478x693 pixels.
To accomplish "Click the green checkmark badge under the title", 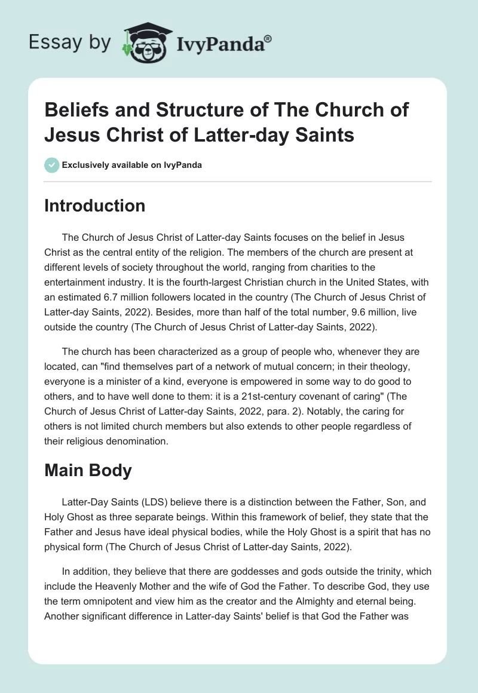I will (x=52, y=165).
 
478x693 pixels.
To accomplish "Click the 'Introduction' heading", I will (x=95, y=206).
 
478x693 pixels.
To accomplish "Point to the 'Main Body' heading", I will (x=88, y=470).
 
